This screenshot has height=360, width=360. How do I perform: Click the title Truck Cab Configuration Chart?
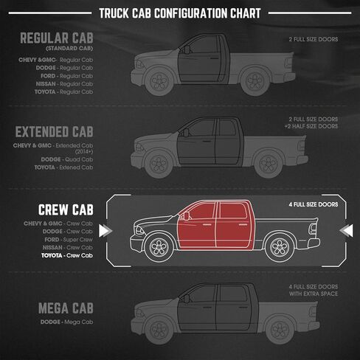click(x=180, y=13)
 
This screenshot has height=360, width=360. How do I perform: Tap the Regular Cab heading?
click(x=57, y=38)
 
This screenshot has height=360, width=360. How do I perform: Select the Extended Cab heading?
click(x=55, y=131)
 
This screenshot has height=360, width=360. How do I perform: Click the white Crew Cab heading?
click(x=66, y=210)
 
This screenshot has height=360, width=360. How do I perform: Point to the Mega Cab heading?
click(x=66, y=308)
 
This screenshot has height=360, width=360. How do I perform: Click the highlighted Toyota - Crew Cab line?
click(x=67, y=255)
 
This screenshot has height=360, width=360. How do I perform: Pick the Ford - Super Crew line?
click(x=69, y=240)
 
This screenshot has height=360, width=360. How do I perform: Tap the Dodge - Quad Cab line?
click(x=67, y=159)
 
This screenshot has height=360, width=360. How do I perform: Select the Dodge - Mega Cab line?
click(x=67, y=322)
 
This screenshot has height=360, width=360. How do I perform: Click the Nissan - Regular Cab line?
click(x=64, y=84)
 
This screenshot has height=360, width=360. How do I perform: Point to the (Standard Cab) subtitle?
click(x=69, y=49)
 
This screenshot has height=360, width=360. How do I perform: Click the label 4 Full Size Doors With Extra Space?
click(x=314, y=290)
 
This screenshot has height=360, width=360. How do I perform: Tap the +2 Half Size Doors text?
click(x=311, y=126)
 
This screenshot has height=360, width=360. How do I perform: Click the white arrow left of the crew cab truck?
click(x=105, y=231)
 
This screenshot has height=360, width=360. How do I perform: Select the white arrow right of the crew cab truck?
click(x=346, y=231)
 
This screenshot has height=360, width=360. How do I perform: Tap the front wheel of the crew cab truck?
click(x=159, y=246)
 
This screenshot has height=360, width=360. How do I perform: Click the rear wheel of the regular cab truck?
click(x=255, y=81)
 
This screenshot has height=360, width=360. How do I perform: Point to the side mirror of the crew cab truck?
click(x=187, y=216)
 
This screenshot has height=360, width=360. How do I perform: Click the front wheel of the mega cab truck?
click(x=159, y=330)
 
